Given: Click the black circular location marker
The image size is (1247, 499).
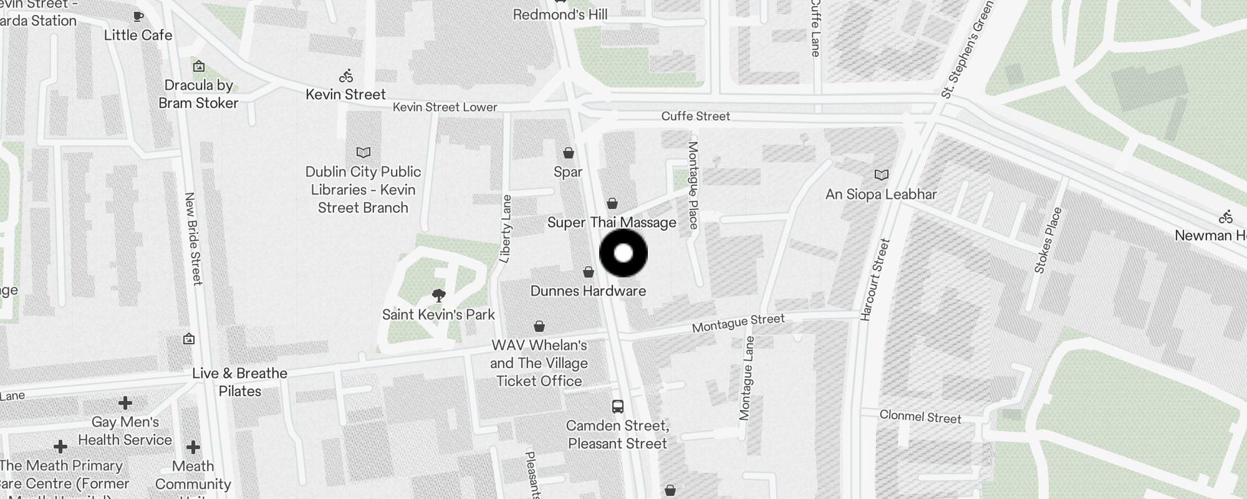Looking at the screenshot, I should click(x=623, y=253).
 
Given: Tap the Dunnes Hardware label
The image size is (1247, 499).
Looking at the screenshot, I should click(x=588, y=291).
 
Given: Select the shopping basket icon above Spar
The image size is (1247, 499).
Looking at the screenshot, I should click(x=569, y=153).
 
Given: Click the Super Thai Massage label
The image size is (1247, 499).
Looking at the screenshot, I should click(x=612, y=223).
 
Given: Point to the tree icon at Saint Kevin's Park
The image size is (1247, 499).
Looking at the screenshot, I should click(x=439, y=295).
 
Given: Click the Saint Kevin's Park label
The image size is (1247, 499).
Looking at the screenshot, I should click(x=438, y=314).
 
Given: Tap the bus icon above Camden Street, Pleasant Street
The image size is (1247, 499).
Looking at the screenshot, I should click(x=618, y=407).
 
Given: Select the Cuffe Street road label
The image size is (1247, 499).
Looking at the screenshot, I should click(x=695, y=116).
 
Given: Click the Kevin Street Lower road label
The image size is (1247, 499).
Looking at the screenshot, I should click(x=445, y=107).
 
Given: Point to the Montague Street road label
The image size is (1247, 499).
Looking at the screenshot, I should click(x=738, y=323).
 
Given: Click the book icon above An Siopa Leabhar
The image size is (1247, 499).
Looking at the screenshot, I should click(x=882, y=175).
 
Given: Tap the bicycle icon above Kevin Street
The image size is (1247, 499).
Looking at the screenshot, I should click(x=346, y=76).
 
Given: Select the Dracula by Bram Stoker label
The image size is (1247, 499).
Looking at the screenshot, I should click(x=198, y=94).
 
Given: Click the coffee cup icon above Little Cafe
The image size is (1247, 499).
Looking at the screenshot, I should click(x=138, y=17).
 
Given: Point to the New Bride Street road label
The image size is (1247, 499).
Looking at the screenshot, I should click(x=194, y=238).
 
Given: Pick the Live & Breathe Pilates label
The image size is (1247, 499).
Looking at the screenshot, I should click(x=239, y=382).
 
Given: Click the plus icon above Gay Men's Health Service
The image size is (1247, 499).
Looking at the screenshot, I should click(x=125, y=402).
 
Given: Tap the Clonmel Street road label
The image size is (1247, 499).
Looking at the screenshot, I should click(x=920, y=417).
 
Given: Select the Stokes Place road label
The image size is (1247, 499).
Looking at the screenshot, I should click(x=1047, y=240).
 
